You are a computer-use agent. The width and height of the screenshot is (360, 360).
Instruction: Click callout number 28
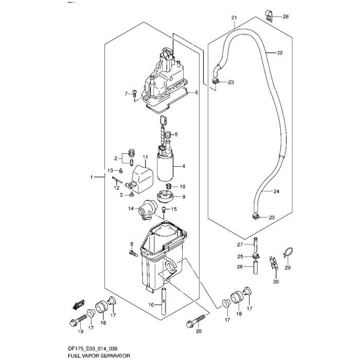[x=285, y=17]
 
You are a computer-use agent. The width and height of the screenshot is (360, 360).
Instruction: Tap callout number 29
[x=288, y=267]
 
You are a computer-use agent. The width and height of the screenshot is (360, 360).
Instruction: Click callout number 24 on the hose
[x=276, y=192]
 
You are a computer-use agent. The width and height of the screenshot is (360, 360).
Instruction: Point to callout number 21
[x=234, y=17]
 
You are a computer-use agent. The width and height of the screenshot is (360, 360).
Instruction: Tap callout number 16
[x=152, y=305]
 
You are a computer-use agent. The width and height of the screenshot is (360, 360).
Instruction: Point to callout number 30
[x=276, y=281]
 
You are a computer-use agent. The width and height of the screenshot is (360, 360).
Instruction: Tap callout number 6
[x=196, y=93]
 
